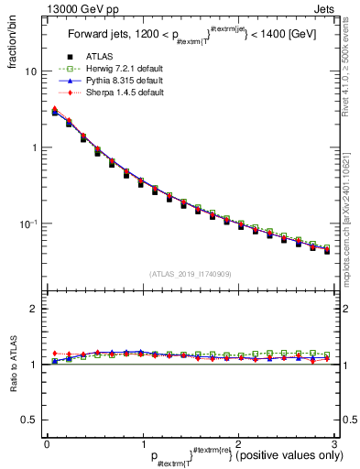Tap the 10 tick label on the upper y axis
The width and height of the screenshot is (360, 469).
(30, 71)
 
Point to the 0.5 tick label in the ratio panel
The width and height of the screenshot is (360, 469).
(28, 420)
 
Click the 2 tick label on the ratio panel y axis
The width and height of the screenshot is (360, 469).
(33, 310)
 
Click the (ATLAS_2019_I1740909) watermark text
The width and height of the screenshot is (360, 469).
(189, 274)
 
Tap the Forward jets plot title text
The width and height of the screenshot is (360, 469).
(189, 35)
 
